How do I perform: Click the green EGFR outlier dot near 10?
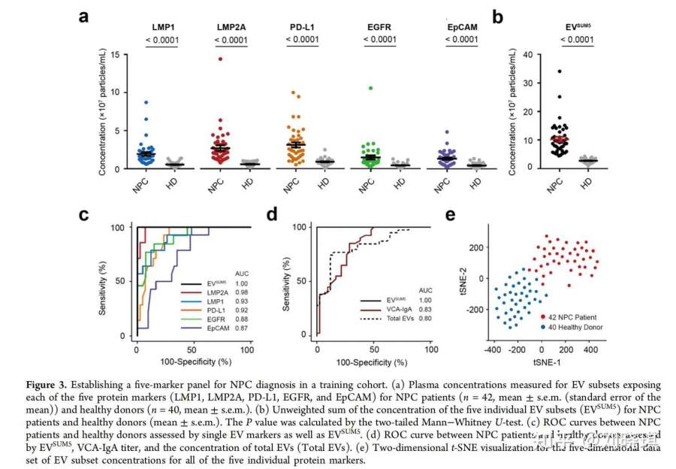tap(371, 88)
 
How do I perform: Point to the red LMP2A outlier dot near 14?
tap(221, 59)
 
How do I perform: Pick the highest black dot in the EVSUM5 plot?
tap(559, 71)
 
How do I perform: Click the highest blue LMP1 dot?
tap(146, 102)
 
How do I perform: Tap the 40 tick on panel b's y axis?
tap(524, 54)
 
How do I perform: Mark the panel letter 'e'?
tap(451, 216)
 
